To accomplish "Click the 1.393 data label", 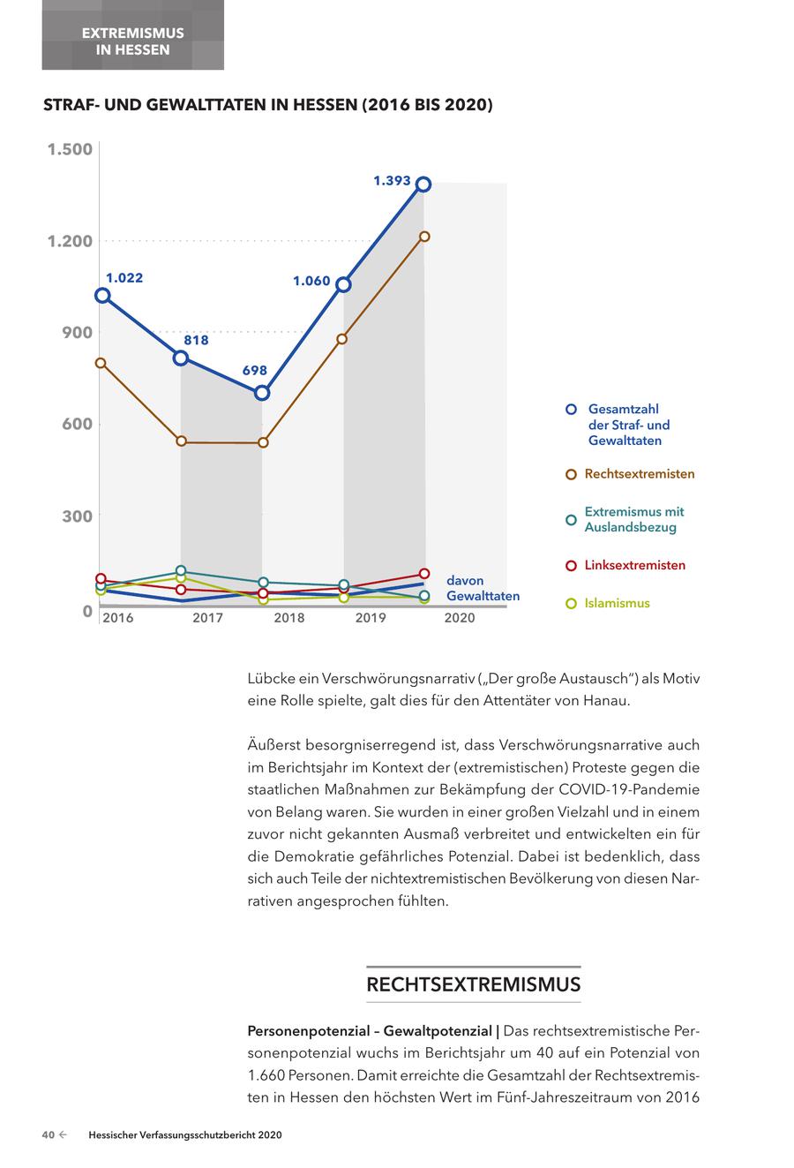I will pos(392,181).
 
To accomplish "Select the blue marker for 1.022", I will pos(102,296).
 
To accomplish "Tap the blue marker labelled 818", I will pos(181,358).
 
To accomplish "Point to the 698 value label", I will pos(255,371).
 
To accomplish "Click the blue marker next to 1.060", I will pos(343,284).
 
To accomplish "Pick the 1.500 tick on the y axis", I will pos(70,149).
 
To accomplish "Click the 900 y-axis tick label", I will pos(78,333).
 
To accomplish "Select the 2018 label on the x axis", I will pos(289,618).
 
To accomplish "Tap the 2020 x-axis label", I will pos(460,618).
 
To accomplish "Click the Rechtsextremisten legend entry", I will pos(639,474).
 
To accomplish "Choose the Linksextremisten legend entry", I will pos(634,565).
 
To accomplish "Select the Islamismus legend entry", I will pos(617,604).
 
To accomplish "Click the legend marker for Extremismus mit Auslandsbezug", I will pos(571,519).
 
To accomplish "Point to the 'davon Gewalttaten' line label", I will pos(483,589).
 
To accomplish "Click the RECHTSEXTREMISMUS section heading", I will pos(474,984).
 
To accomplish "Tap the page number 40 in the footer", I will pos(49,1135).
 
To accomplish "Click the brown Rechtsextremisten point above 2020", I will pos(424,237).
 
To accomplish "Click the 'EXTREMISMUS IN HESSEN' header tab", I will pos(133,41).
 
